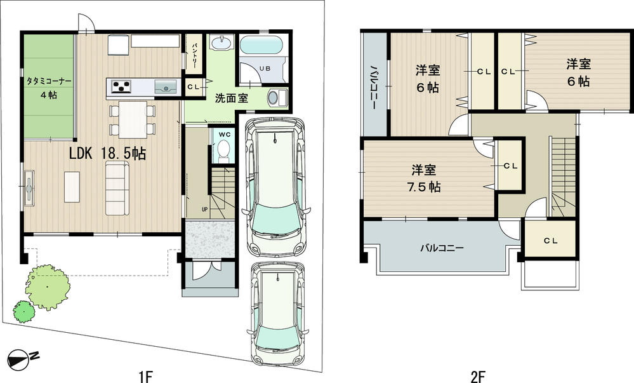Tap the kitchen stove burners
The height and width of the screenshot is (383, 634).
121,86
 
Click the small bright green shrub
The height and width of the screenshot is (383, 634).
23,311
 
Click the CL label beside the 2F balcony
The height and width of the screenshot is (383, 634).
550,241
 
